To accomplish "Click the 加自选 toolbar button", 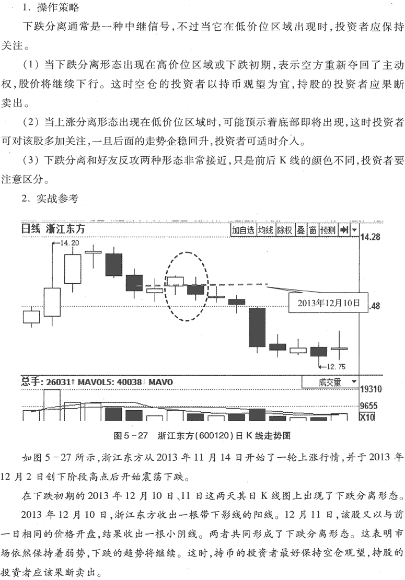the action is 242,230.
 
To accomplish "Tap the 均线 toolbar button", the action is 265,230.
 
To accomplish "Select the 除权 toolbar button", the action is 284,230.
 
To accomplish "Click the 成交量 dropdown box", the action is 330,382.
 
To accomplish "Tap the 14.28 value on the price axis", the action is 370,237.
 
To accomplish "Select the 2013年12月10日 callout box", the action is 328,303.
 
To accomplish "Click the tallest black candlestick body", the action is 257,327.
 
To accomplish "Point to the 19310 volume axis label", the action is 371,389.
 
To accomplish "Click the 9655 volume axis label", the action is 368,406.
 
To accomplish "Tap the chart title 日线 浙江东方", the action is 53,228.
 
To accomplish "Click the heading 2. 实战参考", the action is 50,199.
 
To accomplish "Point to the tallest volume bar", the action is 52,404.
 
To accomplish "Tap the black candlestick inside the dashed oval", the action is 195,289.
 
